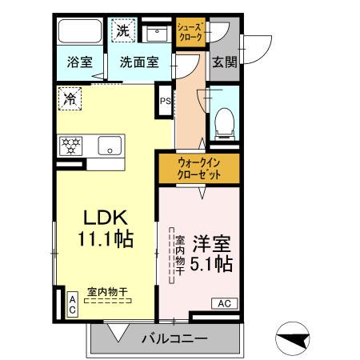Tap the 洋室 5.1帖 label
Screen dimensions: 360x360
click(x=212, y=251)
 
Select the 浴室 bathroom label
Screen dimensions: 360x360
click(x=78, y=60)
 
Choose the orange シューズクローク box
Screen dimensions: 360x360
click(x=190, y=32)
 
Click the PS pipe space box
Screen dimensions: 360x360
click(x=165, y=101)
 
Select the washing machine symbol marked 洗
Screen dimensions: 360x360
click(x=122, y=30)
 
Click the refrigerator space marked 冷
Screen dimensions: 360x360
click(x=70, y=100)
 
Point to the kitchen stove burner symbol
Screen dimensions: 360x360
click(x=72, y=146)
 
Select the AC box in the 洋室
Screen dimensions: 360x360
click(x=224, y=303)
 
